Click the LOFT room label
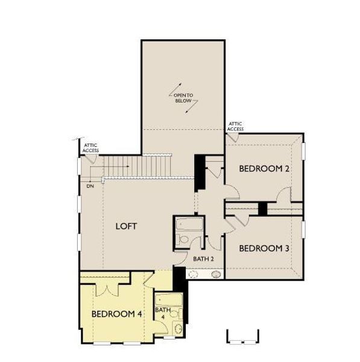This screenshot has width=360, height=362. (x=127, y=226)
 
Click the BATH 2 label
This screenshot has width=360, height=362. (x=204, y=259)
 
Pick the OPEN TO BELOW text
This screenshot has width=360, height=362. (x=183, y=98)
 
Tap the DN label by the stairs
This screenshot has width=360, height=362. (x=90, y=186)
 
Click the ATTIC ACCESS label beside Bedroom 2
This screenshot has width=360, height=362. (x=235, y=126)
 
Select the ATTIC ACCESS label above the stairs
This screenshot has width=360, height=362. (x=91, y=147)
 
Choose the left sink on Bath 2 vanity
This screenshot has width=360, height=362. (x=194, y=275)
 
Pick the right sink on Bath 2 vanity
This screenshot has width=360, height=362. (x=215, y=275)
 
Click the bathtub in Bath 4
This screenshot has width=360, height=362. (x=163, y=300)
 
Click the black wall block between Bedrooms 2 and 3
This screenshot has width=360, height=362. (x=262, y=209)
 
